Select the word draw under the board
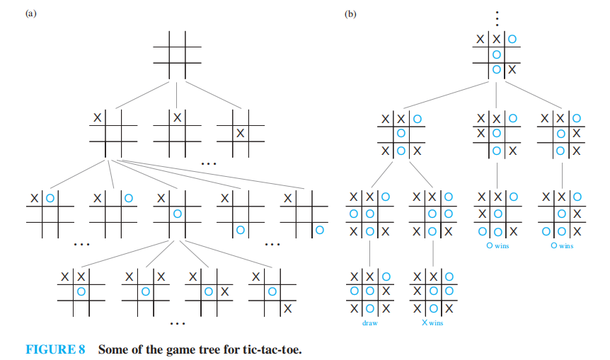pyautogui.click(x=369, y=323)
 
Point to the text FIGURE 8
pyautogui.click(x=55, y=349)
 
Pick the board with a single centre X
pyautogui.click(x=241, y=132)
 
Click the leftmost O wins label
pyautogui.click(x=497, y=246)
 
